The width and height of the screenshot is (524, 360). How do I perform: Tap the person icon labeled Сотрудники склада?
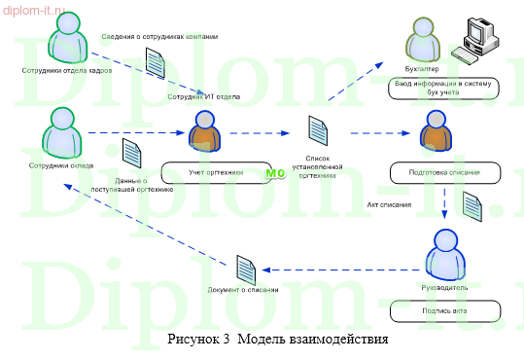pos(60,132)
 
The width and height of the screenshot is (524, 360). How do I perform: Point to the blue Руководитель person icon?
pos(444,255)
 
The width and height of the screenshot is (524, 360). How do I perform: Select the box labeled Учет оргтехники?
pos(216,171)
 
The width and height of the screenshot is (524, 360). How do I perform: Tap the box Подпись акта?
pos(444,311)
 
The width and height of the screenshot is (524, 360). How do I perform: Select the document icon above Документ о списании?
pos(248,267)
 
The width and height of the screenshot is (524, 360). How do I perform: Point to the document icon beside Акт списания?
pos(472,205)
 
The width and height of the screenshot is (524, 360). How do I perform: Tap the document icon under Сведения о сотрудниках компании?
pos(156,63)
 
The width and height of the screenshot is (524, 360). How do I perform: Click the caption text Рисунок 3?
pos(198,340)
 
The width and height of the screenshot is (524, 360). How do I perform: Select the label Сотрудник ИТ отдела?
pos(203,98)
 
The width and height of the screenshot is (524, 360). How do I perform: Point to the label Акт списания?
pos(387,206)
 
